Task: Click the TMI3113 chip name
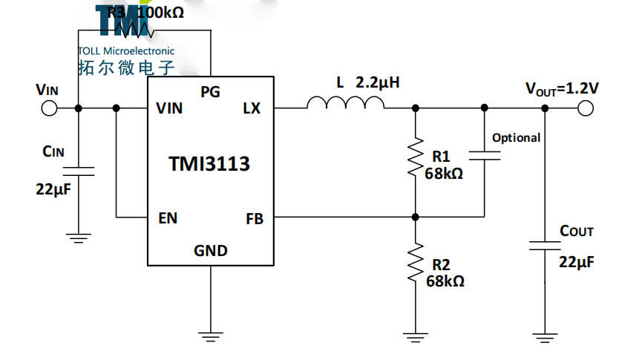[x=209, y=164]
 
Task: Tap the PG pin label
[x=211, y=91]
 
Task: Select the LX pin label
[x=252, y=108]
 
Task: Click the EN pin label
[x=168, y=218]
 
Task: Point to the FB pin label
[x=254, y=218]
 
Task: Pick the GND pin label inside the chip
[x=211, y=250]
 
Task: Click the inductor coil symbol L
[x=346, y=104]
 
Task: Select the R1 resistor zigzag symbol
[x=416, y=157]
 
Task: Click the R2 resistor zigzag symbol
[x=416, y=262]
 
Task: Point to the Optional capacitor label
[x=516, y=137]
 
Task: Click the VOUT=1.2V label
[x=562, y=88]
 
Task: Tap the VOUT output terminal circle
[x=586, y=108]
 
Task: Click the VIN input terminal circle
[x=49, y=108]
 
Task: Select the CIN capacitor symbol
[x=79, y=171]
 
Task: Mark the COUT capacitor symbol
[x=546, y=245]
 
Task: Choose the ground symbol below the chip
[x=211, y=336]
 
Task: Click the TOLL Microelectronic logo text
[x=126, y=51]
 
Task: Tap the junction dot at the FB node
[x=416, y=217]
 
